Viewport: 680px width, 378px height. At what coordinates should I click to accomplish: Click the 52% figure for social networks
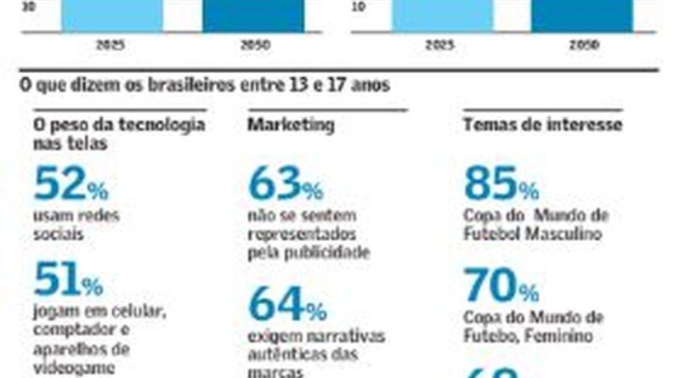click(71, 185)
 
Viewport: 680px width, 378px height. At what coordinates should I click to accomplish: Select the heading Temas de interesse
click(542, 125)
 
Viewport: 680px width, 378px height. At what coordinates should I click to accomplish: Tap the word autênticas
click(286, 353)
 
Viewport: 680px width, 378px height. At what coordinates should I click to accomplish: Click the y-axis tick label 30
click(28, 5)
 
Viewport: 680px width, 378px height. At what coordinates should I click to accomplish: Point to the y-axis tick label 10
click(358, 5)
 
